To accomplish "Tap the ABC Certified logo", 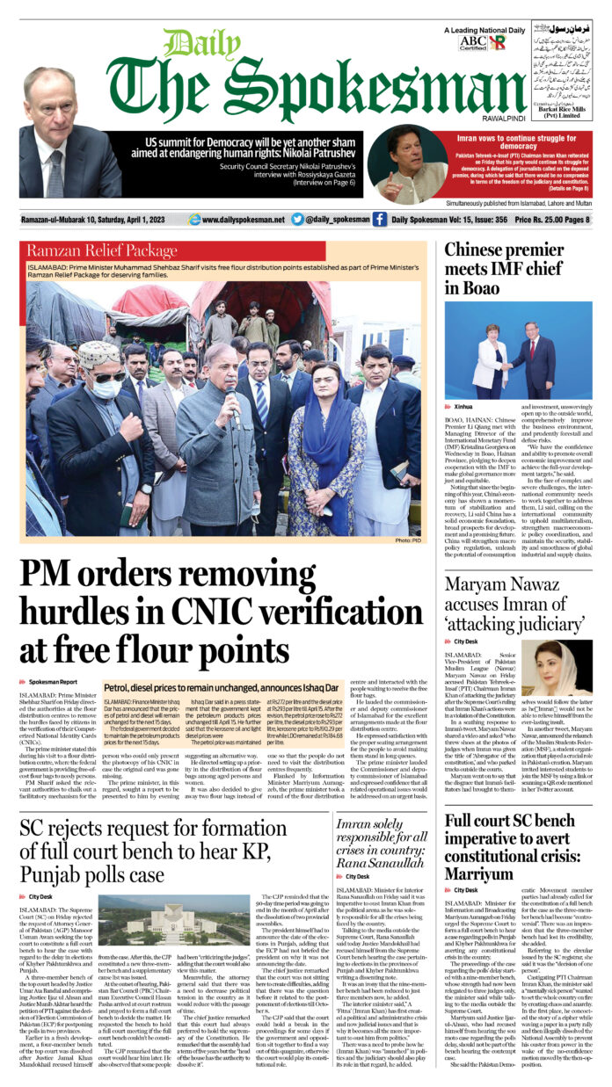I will point(472,42).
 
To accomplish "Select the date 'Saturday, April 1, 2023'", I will point(136,219).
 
